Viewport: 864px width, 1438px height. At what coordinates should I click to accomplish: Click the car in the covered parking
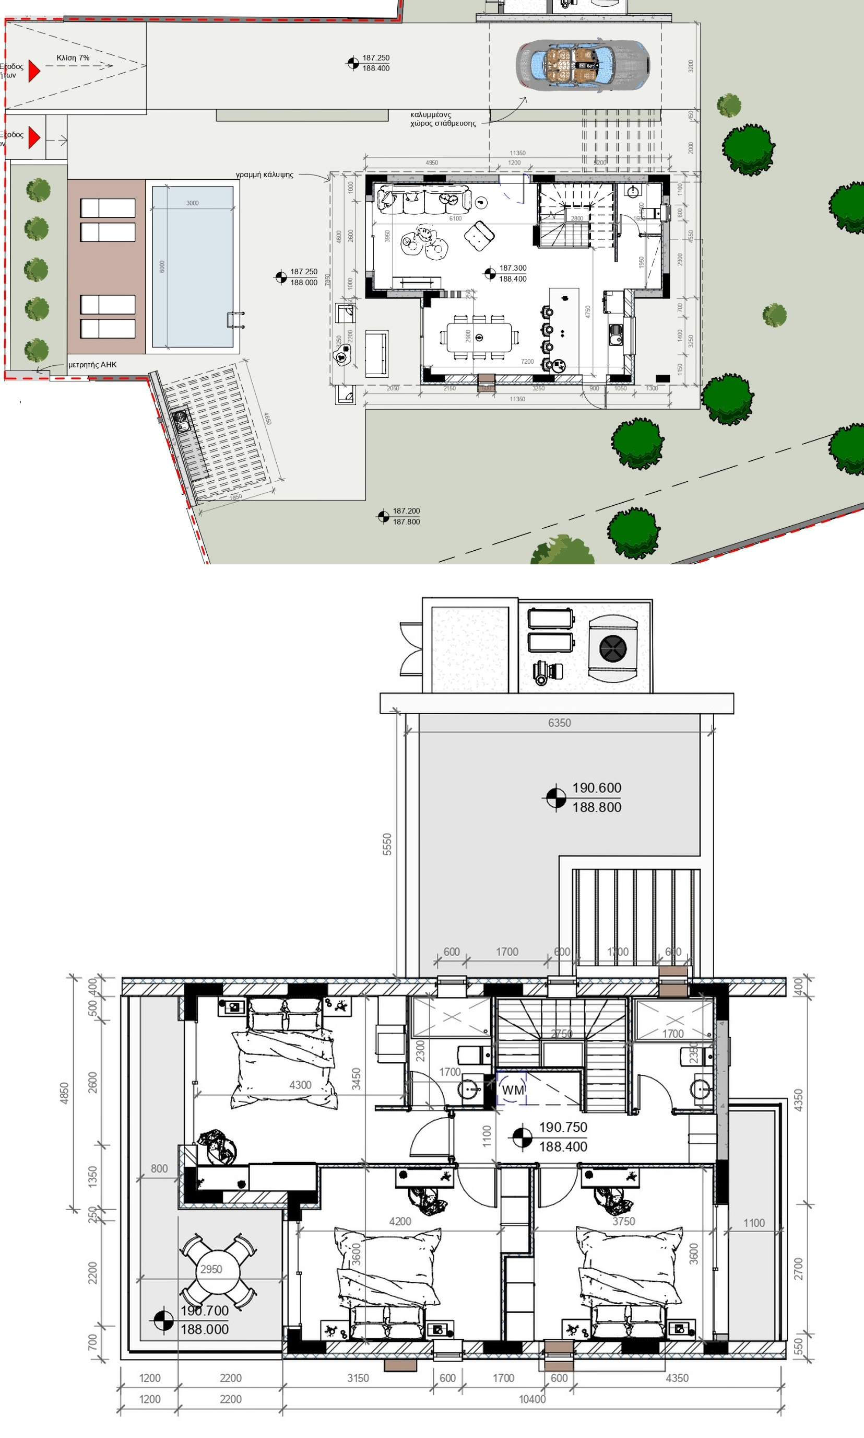point(582,65)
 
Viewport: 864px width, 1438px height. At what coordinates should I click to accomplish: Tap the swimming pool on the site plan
point(192,266)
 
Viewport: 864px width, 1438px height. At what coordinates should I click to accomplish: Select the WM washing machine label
point(512,1089)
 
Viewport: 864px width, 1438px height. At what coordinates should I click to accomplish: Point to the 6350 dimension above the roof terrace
point(559,723)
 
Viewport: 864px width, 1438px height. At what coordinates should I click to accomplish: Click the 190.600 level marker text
point(596,788)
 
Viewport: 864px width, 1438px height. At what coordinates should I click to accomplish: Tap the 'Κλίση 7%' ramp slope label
point(73,57)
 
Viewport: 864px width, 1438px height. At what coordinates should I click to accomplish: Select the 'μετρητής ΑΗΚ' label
point(92,365)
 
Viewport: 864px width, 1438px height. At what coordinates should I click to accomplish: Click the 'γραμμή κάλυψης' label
point(264,174)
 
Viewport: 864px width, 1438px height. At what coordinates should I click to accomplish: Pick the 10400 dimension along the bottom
point(531,1399)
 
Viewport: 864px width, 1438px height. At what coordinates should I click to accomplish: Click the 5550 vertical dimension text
point(387,844)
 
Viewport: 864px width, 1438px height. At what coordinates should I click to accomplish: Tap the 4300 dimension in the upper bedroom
point(300,1085)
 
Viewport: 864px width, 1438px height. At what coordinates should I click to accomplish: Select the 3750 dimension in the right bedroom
point(623,1221)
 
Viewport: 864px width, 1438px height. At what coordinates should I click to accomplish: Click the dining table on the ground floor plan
point(479,338)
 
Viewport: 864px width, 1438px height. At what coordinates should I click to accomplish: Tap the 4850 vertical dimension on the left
point(65,1093)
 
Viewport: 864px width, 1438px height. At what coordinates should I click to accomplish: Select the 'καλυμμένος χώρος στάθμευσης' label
point(443,119)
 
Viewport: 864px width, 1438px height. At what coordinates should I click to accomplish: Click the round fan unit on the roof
point(613,648)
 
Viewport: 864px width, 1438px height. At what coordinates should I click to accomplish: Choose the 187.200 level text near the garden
point(406,511)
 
